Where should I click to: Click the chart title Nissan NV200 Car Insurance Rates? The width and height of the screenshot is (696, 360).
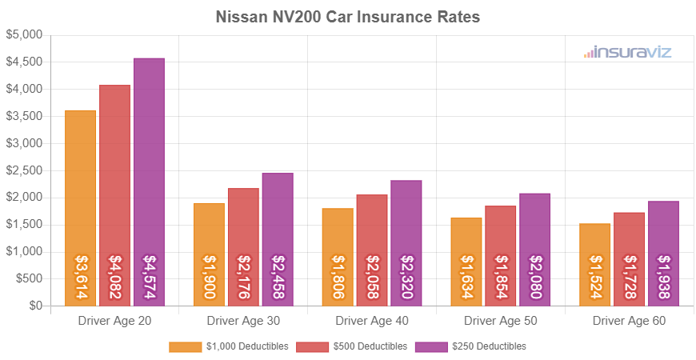click(348, 17)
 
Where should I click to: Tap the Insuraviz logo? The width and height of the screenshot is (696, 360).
click(627, 53)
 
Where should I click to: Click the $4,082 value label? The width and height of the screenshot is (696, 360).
click(114, 278)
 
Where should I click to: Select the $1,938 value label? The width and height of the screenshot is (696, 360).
click(663, 278)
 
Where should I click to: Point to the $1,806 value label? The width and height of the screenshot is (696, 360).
click(338, 278)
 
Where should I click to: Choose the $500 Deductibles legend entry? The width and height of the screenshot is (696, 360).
click(351, 346)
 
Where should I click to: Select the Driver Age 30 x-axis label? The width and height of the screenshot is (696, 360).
click(243, 321)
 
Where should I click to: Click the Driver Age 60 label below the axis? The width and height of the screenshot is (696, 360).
click(629, 321)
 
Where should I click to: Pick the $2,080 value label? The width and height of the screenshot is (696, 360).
click(534, 278)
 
